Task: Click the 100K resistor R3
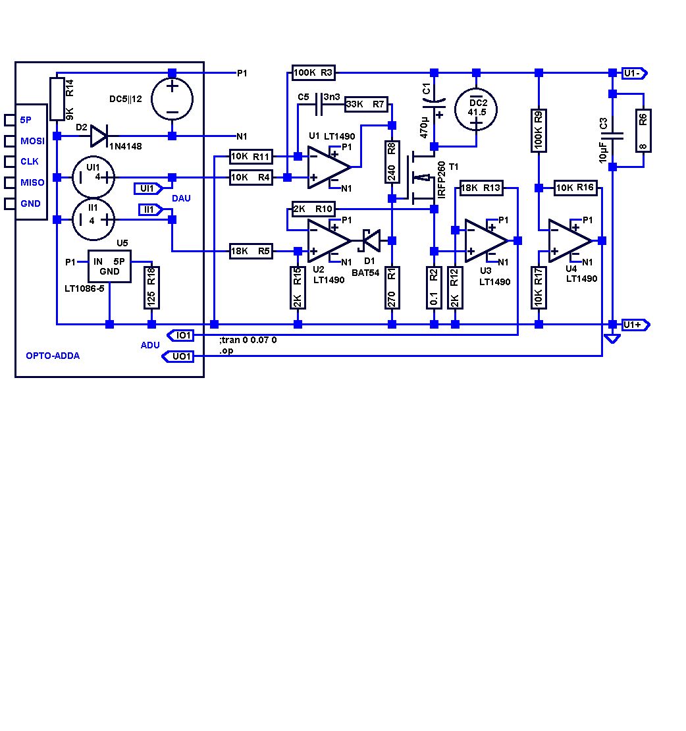314,72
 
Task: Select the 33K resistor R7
365,104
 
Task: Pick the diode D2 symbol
99,136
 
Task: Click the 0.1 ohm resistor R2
434,287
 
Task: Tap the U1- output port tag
636,72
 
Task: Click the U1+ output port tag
636,325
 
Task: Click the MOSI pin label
32,141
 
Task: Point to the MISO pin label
32,182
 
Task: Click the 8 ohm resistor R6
643,130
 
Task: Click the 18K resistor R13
481,188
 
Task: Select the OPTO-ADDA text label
53,356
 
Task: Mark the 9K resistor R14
57,99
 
